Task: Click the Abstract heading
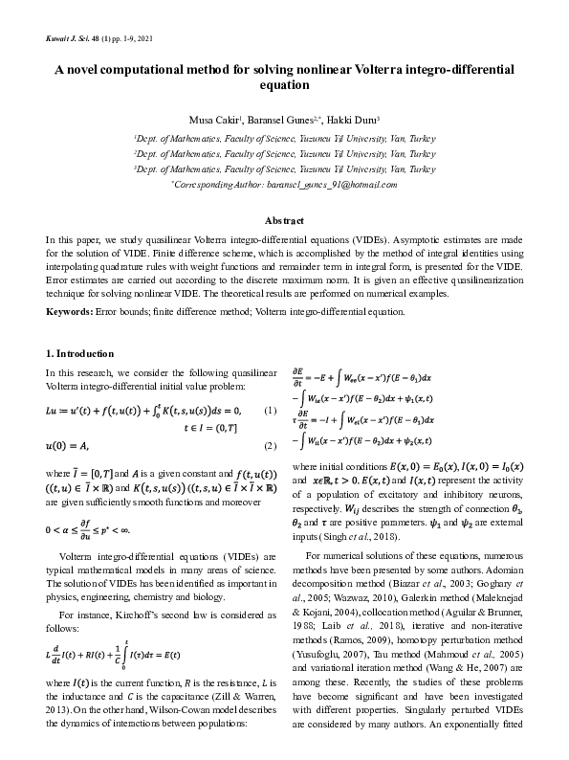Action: click(284, 219)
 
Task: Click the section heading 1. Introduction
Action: click(81, 354)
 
